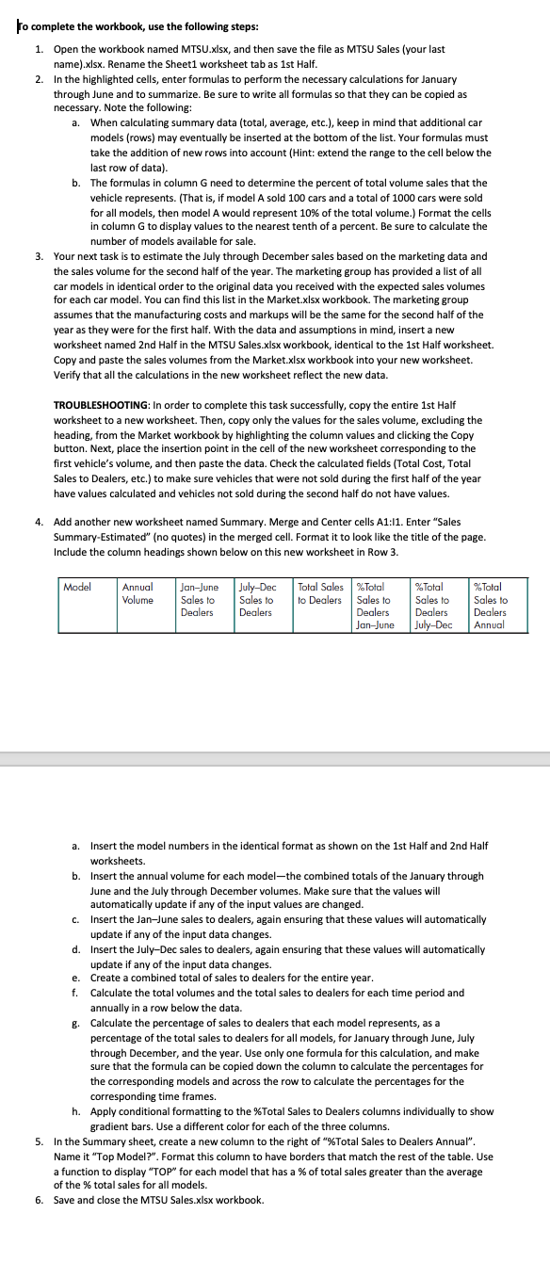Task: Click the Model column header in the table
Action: coord(76,587)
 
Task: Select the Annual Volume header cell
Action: coord(137,592)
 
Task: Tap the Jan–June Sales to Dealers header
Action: coord(198,599)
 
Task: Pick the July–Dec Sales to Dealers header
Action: coord(256,599)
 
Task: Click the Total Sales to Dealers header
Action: coord(319,592)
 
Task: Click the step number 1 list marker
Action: coord(39,48)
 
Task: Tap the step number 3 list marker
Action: coord(39,256)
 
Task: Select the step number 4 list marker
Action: coord(39,521)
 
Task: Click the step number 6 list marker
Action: coord(39,1200)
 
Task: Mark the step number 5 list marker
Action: coord(39,1141)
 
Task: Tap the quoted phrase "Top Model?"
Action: coord(114,1156)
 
